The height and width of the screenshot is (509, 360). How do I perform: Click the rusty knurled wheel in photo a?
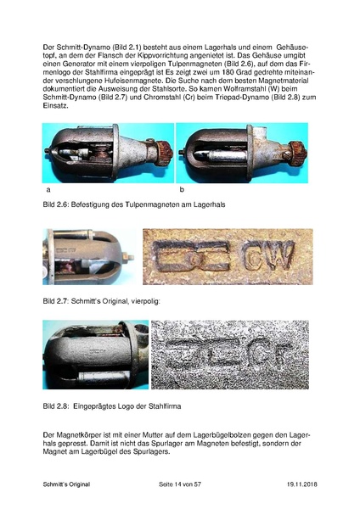(x=165, y=150)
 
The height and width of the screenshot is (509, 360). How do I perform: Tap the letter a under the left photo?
(x=48, y=189)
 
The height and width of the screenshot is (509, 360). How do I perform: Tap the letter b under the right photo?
(x=182, y=189)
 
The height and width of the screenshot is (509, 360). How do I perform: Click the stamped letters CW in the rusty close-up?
(x=269, y=256)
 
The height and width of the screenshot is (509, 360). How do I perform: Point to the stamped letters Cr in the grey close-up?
(x=271, y=355)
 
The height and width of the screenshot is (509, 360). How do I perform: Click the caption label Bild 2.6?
(x=56, y=204)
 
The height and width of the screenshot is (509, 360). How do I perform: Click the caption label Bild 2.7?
(x=56, y=301)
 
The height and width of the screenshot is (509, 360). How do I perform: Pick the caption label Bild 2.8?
(x=56, y=406)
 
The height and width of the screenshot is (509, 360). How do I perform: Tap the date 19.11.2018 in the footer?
(x=302, y=484)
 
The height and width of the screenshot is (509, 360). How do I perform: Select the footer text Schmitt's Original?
(x=66, y=484)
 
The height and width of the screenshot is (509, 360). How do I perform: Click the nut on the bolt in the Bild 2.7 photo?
(x=126, y=257)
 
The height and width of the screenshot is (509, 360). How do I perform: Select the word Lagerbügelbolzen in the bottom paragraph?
(x=222, y=435)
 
